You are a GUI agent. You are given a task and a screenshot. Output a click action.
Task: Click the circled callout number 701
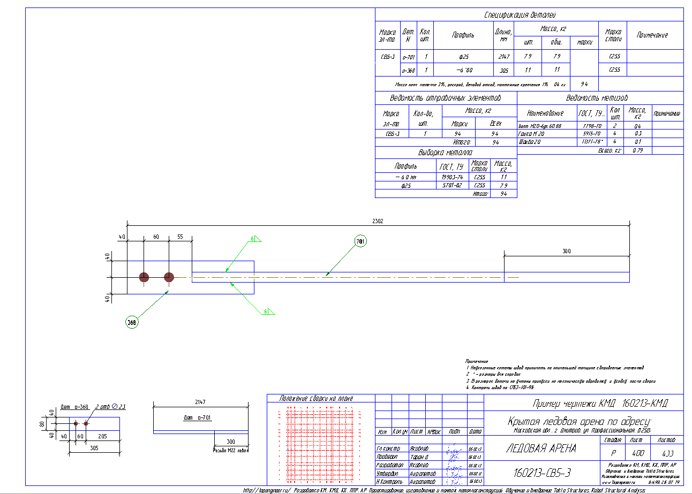click(361, 242)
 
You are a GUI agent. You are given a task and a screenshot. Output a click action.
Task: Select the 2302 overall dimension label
click(378, 221)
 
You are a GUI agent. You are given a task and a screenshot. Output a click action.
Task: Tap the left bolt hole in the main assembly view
click(144, 277)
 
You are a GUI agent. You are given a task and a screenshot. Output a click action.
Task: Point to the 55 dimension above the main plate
click(180, 237)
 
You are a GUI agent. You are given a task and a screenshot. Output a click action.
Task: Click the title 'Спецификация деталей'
click(529, 15)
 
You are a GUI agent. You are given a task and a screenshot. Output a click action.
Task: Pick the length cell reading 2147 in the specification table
click(503, 56)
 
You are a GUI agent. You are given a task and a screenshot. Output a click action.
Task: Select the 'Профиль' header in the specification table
click(463, 35)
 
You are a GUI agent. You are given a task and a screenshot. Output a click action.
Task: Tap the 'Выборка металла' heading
click(446, 153)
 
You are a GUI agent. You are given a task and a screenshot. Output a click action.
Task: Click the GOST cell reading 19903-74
click(452, 177)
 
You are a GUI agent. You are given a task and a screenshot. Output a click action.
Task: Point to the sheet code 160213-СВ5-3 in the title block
click(542, 473)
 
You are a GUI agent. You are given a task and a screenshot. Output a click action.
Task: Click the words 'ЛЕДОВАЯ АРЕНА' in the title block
click(541, 449)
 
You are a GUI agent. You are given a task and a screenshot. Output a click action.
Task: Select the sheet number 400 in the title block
click(635, 452)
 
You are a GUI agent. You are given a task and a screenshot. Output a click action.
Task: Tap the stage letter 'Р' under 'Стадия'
click(613, 452)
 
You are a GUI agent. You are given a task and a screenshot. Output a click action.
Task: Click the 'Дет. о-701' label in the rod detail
click(196, 417)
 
